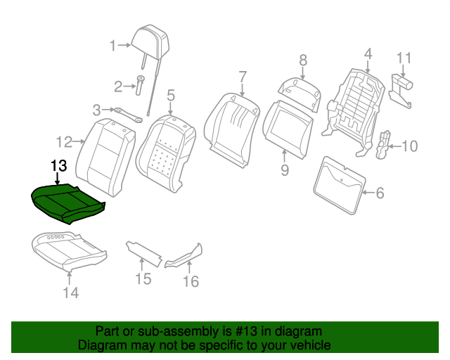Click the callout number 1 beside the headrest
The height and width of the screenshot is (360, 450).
click(x=112, y=46)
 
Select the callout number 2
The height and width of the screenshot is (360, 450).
click(x=118, y=87)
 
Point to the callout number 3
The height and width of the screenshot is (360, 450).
click(x=97, y=109)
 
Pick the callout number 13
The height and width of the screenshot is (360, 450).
click(x=59, y=166)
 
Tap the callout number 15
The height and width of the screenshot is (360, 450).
click(x=143, y=280)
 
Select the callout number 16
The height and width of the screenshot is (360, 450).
click(x=191, y=281)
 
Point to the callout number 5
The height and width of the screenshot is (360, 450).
click(x=170, y=94)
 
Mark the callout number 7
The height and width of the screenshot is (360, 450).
click(x=243, y=77)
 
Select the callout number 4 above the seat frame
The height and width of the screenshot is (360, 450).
click(x=367, y=53)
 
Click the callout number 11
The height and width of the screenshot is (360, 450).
click(x=404, y=58)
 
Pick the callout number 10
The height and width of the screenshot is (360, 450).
click(x=409, y=146)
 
